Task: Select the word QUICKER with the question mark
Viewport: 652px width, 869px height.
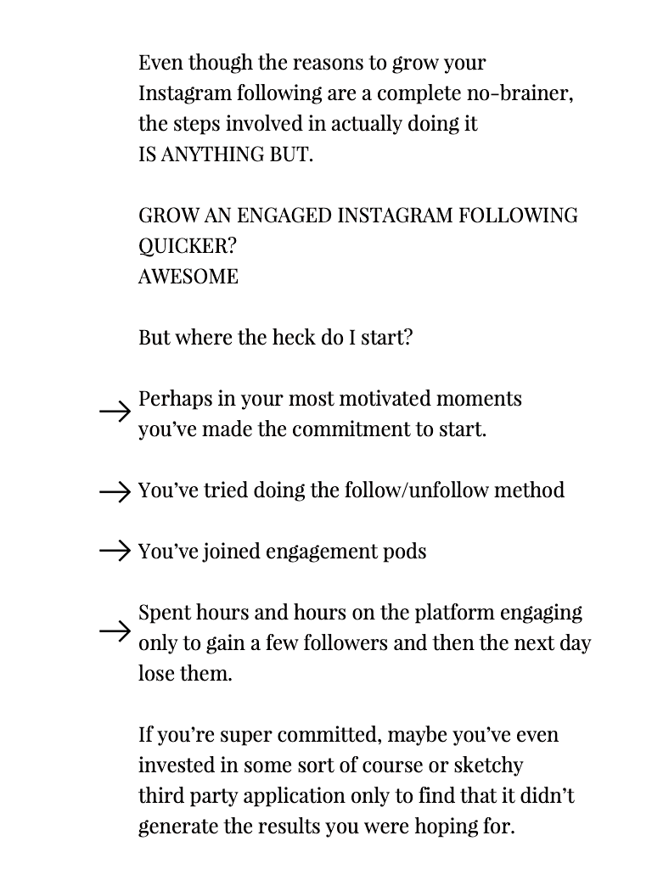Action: [188, 246]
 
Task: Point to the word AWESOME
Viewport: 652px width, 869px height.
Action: [188, 277]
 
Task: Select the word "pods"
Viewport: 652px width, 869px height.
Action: [405, 552]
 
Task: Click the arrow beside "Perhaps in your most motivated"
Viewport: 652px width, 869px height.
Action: [115, 413]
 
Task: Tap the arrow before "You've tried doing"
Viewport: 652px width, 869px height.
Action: [115, 491]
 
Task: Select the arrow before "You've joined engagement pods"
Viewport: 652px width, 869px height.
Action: [115, 552]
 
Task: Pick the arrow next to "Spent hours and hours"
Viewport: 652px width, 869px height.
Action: [115, 631]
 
